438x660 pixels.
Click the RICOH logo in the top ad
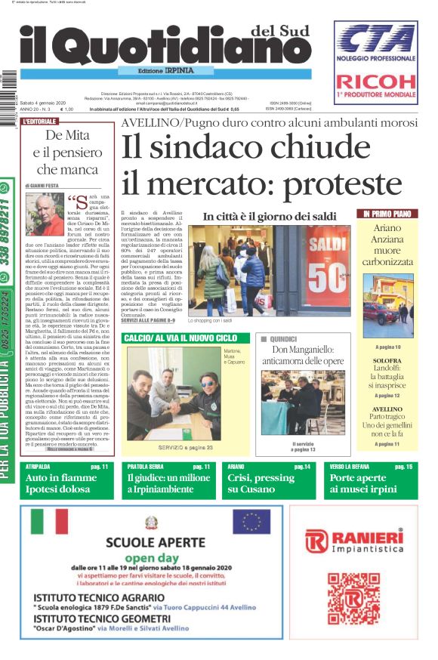pos(375,81)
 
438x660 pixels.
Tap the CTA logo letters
pos(375,38)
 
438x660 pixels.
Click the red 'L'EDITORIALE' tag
pos(41,121)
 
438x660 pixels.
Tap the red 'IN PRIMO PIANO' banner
pos(387,214)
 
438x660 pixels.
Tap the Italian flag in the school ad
pos(49,521)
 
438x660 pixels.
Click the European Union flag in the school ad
pos(251,521)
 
